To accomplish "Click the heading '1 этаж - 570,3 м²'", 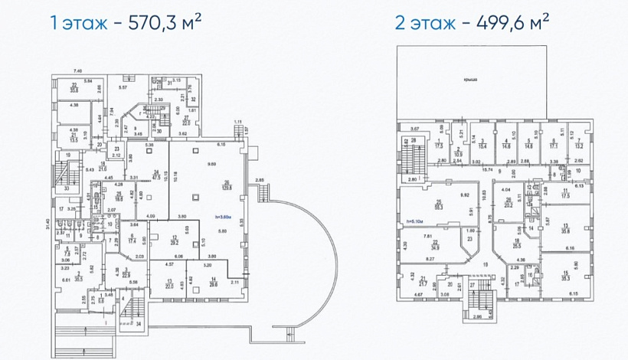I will click(x=126, y=22).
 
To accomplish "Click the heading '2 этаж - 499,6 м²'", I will click(x=473, y=22).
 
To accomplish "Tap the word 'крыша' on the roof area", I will click(x=481, y=79).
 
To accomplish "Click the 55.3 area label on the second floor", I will click(x=439, y=206).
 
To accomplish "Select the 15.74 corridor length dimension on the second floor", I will click(x=488, y=169).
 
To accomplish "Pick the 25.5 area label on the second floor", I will click(x=517, y=247).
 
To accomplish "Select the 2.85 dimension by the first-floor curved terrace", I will click(x=260, y=180).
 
